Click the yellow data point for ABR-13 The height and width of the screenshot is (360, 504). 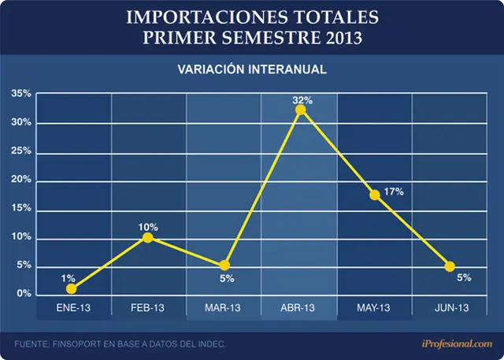pos(301,110)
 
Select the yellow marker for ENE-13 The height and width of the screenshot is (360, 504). pos(72,289)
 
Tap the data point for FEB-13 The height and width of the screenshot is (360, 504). pos(147,238)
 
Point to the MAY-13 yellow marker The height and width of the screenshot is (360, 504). pos(375,195)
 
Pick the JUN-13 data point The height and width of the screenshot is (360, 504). pos(450,266)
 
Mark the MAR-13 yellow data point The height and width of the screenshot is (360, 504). pos(224,265)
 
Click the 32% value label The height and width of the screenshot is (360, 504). pos(302,100)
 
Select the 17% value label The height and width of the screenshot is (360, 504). pos(394,192)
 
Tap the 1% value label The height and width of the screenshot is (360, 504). pos(69,278)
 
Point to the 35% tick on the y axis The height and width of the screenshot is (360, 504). pos(21,94)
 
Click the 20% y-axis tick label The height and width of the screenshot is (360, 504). pos(21,180)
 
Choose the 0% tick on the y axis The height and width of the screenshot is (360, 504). pos(24,294)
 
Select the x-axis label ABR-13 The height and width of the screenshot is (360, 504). pos(298,308)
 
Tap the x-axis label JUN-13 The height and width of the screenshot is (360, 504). pos(451,308)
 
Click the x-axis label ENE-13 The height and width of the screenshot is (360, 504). pos(73,308)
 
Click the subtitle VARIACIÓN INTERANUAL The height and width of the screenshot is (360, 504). pos(252,69)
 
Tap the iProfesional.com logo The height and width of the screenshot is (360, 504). pos(457,343)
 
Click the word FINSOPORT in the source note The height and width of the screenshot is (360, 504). pos(76,344)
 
